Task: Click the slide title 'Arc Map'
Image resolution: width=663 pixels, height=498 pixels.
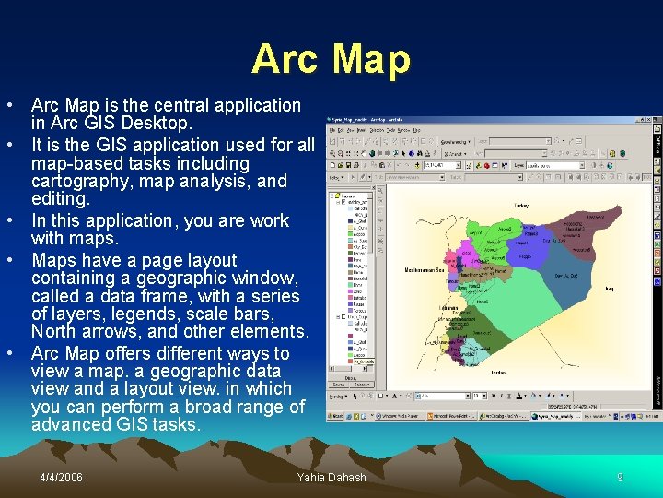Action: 331,59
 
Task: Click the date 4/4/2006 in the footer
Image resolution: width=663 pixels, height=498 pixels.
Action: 61,477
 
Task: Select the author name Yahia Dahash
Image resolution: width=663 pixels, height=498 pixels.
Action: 331,477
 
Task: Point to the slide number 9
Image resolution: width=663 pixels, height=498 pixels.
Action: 620,477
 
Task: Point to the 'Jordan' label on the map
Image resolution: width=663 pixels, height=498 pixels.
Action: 497,373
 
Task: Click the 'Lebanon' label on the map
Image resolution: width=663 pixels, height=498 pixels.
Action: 449,308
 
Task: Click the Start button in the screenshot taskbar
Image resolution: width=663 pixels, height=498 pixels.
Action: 338,416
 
